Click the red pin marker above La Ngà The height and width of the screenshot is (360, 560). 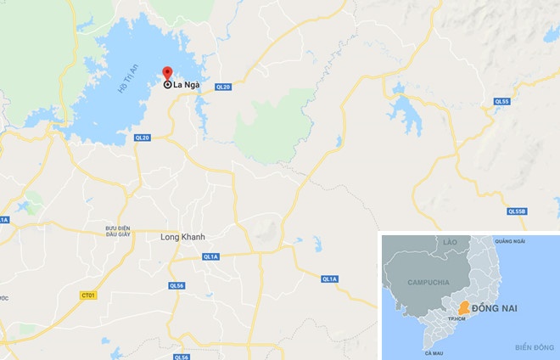click(167, 74)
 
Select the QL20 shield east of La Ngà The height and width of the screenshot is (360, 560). click(224, 86)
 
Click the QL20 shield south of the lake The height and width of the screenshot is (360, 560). click(142, 138)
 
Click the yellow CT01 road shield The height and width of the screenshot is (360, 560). click(86, 295)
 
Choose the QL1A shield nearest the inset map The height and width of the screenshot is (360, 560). click(329, 278)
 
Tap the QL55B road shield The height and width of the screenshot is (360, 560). click(517, 211)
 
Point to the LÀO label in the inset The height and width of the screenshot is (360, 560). click(449, 243)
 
